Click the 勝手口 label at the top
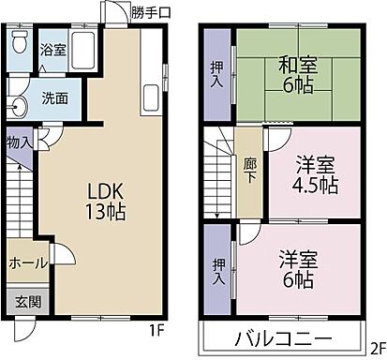(x=151, y=12)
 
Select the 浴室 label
(x=52, y=50)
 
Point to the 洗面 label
(x=53, y=97)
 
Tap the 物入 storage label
(x=19, y=142)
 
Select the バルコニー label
(x=282, y=338)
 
